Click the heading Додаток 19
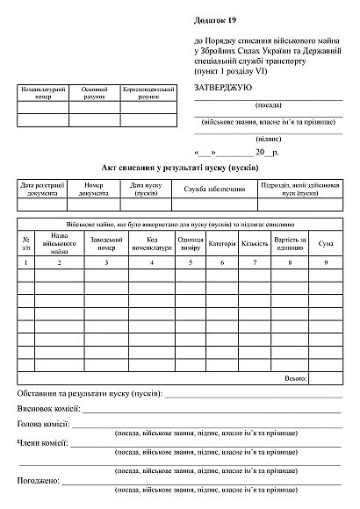pos(215,19)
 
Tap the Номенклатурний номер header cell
pos(43,93)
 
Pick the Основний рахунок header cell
pos(94,93)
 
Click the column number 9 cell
pos(325,262)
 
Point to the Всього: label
pos(296,378)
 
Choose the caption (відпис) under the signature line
pos(267,139)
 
